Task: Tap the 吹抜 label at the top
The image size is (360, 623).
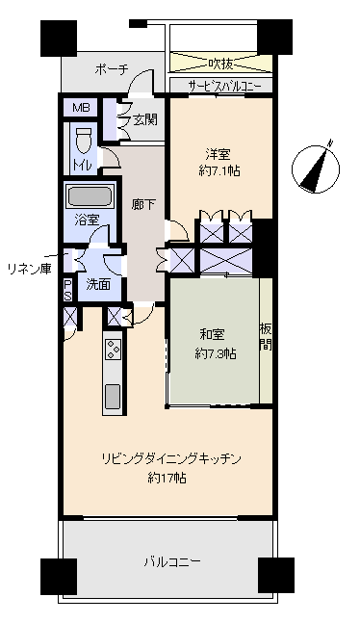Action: [x=220, y=64]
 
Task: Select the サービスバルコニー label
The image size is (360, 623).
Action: [x=220, y=86]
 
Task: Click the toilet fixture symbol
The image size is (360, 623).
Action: [x=83, y=139]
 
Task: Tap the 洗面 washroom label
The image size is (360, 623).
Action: [x=98, y=284]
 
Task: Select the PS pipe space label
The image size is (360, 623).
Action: [x=68, y=289]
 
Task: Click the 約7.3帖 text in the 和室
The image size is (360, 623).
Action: [x=216, y=352]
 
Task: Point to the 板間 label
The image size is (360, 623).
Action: [x=266, y=337]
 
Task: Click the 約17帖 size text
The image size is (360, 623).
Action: [x=167, y=477]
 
